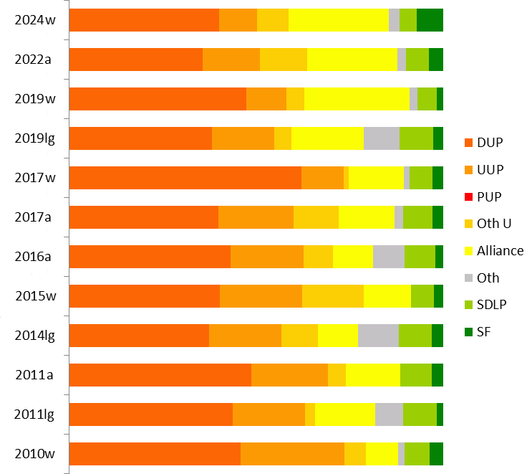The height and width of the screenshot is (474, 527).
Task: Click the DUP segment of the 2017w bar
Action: [x=185, y=177]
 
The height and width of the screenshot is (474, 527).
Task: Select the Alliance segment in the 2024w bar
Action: [x=338, y=20]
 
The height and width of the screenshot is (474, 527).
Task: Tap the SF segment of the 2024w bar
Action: [x=430, y=20]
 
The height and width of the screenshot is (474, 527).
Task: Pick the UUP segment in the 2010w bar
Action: [x=292, y=454]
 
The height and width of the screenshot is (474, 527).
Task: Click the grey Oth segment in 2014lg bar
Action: [x=378, y=336]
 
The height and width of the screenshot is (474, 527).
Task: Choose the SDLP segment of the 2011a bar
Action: [x=415, y=375]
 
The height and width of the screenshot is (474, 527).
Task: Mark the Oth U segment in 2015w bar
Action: [x=333, y=296]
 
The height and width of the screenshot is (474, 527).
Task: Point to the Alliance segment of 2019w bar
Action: [x=357, y=99]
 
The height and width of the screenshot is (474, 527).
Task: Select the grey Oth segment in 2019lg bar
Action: [x=381, y=138]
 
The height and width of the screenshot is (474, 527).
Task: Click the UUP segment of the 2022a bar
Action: [x=231, y=60]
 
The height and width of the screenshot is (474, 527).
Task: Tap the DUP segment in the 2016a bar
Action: [x=150, y=257]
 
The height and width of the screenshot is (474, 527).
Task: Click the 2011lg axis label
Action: [x=34, y=414]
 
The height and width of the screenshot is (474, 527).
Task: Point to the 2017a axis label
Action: [x=33, y=217]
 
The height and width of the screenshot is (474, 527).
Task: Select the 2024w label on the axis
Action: [x=34, y=20]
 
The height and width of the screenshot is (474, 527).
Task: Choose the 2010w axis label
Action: [x=34, y=454]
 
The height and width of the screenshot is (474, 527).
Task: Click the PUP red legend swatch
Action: [x=469, y=196]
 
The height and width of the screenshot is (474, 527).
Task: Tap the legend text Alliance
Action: [x=500, y=250]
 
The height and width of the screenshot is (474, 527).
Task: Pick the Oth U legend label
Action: [x=494, y=224]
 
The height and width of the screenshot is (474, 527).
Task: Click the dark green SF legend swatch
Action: [x=469, y=331]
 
